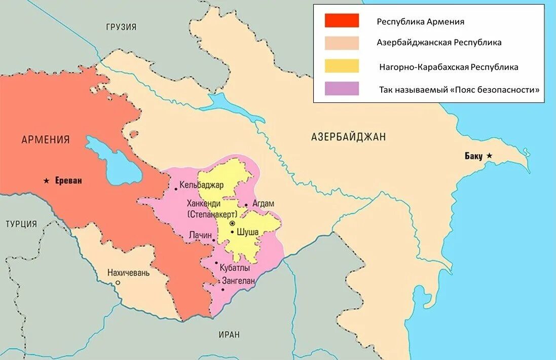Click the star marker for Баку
coord(489,156)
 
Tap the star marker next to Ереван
coord(47,181)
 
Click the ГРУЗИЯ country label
coord(121,27)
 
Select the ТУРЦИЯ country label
coord(21,224)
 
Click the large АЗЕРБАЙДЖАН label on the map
coord(348,136)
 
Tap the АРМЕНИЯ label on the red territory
coord(46,139)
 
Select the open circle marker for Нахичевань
coord(118,283)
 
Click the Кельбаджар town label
coord(201,185)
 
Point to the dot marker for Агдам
coord(246,205)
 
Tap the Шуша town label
coord(248,232)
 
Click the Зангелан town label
coord(238,280)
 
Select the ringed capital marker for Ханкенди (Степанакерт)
coord(232,223)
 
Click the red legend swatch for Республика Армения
coord(342,21)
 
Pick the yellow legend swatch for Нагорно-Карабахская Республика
coord(342,66)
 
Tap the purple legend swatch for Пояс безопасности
coord(342,89)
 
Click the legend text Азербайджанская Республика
coord(439,43)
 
